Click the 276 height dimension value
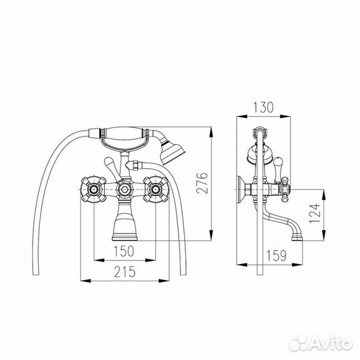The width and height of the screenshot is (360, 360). [202, 183]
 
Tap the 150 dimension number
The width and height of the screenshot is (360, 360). [124, 251]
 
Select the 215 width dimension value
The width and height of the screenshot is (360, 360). [125, 271]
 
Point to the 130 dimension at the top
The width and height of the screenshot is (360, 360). [263, 107]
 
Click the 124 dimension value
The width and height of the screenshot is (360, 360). [315, 213]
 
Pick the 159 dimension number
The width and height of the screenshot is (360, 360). [277, 255]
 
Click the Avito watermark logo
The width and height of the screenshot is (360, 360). [321, 343]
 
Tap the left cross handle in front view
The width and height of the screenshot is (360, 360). [94, 189]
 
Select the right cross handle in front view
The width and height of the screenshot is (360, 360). [156, 189]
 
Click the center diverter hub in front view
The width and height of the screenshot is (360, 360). [125, 189]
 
